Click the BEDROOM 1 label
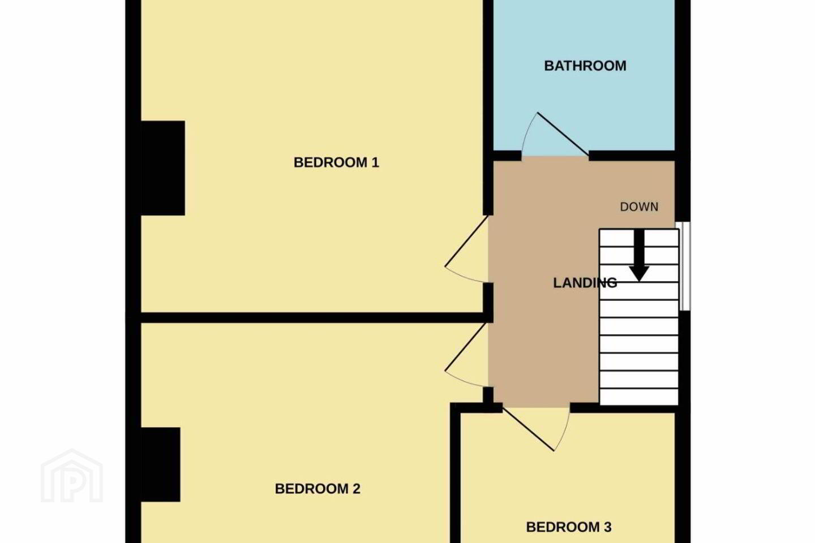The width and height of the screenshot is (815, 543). tap(336, 162)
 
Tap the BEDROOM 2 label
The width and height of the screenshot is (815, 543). tap(318, 489)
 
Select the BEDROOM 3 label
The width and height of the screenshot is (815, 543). tap(569, 527)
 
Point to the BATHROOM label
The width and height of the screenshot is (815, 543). tap(585, 66)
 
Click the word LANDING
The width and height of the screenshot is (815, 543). tap(585, 283)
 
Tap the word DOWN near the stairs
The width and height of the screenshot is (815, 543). tap(640, 207)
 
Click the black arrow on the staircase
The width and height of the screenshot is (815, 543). tap(640, 256)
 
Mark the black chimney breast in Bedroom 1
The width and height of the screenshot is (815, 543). tap(162, 168)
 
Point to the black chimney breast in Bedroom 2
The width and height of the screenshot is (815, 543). tap(161, 464)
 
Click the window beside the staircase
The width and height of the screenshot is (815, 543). tap(685, 266)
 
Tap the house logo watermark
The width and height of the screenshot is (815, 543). tap(72, 476)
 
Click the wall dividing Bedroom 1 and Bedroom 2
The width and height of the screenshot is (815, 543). tap(314, 317)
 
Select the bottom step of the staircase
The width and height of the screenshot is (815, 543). tap(639, 397)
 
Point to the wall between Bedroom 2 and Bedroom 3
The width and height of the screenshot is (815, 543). tap(455, 473)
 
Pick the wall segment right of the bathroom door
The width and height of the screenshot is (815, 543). tap(632, 156)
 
